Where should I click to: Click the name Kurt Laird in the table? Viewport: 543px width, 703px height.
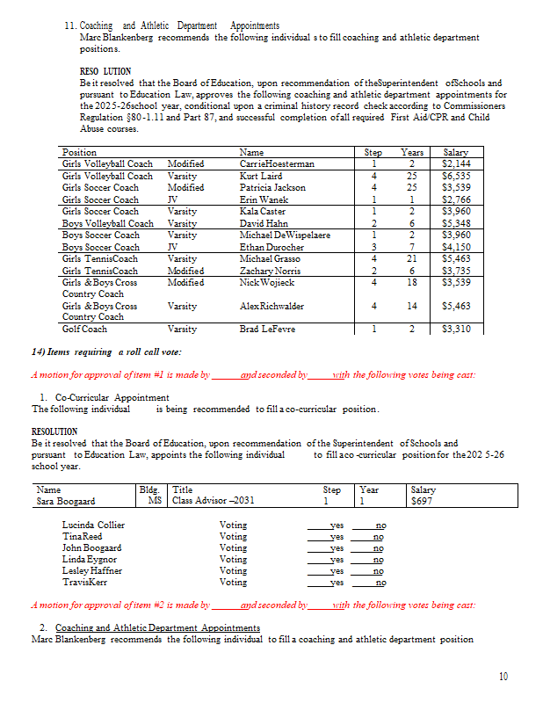pos(261,176)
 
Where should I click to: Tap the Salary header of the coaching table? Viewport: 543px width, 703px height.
pos(456,152)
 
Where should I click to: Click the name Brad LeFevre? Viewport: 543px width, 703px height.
pos(267,330)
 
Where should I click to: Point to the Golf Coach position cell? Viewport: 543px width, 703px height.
pos(85,330)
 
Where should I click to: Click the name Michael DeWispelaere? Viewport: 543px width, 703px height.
pos(285,236)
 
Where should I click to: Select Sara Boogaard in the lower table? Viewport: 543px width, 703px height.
pos(65,501)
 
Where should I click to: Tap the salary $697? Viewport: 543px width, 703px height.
pos(423,501)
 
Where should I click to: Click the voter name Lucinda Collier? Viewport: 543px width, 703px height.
pos(93,525)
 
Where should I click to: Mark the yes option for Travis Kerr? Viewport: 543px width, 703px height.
pos(336,582)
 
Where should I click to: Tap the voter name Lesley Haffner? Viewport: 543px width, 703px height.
pos(92,570)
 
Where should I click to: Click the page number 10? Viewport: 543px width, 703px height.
pos(503,676)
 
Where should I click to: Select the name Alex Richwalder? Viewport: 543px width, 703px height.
pos(271,306)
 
